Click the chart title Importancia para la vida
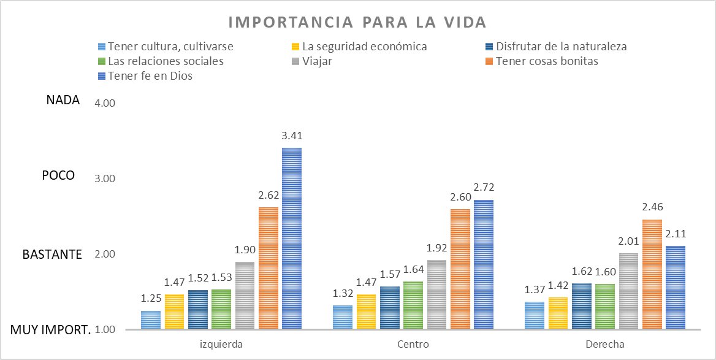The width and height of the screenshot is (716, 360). [357, 23]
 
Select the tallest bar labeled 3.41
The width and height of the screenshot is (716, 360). [291, 239]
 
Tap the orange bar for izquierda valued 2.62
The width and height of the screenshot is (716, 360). [268, 268]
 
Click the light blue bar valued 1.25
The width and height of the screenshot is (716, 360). [151, 320]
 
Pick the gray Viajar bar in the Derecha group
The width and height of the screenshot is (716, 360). [628, 291]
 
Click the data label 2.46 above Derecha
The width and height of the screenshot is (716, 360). [652, 207]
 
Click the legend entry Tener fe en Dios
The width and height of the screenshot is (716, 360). [150, 76]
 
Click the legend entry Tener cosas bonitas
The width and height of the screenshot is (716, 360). [547, 61]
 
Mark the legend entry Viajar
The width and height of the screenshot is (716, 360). [317, 61]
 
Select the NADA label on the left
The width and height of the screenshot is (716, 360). [63, 100]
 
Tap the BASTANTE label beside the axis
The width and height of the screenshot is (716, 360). [52, 254]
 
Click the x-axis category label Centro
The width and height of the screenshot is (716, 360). [413, 344]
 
